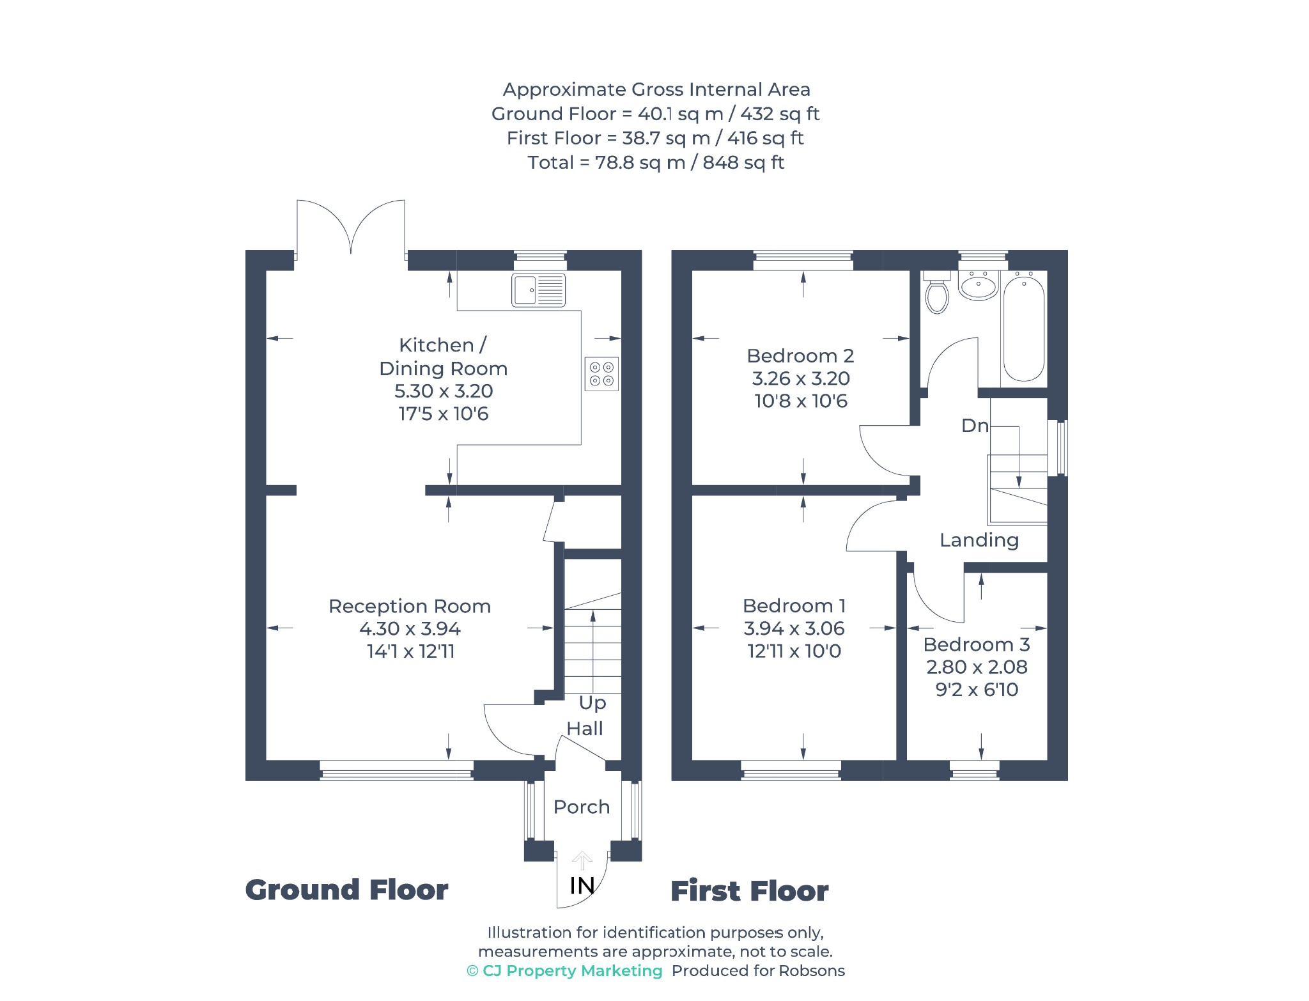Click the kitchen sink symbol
point(538,290)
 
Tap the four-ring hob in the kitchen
point(601,374)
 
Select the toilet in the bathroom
point(937,292)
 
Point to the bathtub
point(1024,327)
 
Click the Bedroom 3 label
point(977,644)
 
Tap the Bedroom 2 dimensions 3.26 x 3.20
point(801,378)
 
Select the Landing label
point(979,541)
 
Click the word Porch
point(582,807)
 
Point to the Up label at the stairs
point(593,703)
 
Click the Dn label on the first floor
point(975,426)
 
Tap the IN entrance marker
point(582,885)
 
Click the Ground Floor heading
point(346,890)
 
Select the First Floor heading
point(749,891)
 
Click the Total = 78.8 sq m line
point(656,162)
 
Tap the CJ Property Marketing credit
point(564,971)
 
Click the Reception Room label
point(410,606)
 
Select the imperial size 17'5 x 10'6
point(444,414)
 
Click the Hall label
point(585,729)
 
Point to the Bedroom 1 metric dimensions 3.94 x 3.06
point(794,628)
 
